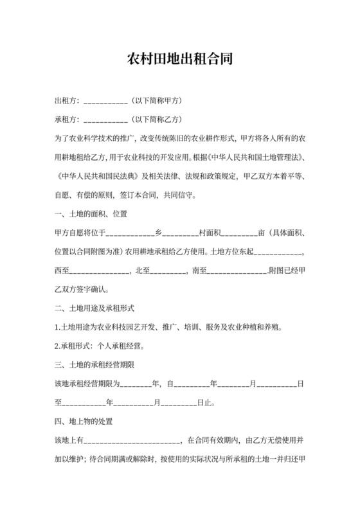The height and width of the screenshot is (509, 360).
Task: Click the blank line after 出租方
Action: (105, 102)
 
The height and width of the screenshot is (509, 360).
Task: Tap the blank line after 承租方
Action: (105, 120)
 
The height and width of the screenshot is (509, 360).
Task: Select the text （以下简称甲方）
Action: (156, 101)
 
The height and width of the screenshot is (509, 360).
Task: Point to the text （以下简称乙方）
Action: (156, 120)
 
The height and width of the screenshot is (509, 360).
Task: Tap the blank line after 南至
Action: (236, 271)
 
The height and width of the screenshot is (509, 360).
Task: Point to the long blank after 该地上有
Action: (132, 441)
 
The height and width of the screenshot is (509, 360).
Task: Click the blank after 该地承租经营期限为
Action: (134, 384)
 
